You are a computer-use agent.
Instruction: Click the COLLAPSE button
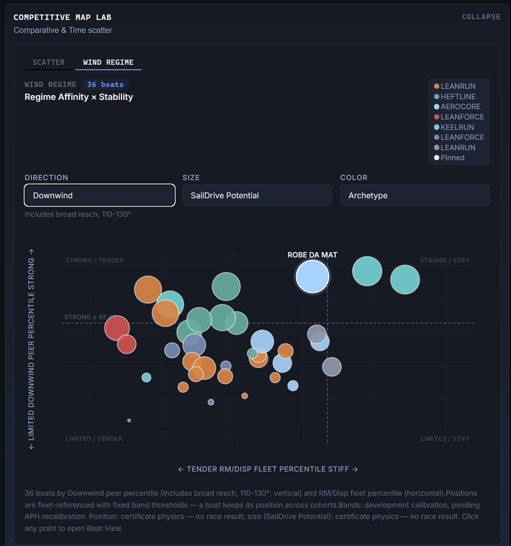click(x=481, y=17)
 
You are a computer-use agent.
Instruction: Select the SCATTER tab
click(x=48, y=63)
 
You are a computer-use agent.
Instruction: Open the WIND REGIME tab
click(x=108, y=63)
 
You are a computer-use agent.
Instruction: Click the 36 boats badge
click(x=105, y=84)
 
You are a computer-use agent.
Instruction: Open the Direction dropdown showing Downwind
click(x=99, y=195)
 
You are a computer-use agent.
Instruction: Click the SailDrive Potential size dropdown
click(x=257, y=195)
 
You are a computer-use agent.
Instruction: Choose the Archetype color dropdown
click(x=415, y=195)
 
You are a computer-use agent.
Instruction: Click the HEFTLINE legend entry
click(x=455, y=97)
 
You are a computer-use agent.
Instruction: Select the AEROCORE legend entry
click(x=457, y=107)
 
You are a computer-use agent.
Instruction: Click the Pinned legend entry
click(x=449, y=158)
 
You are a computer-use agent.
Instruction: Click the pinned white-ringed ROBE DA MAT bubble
click(x=312, y=277)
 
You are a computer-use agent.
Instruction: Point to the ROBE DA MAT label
click(x=312, y=255)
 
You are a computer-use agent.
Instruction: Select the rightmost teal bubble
click(x=405, y=280)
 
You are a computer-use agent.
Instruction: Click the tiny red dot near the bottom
click(x=129, y=420)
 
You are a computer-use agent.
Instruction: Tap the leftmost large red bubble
click(x=117, y=328)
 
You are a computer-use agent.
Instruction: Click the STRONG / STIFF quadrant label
click(x=445, y=260)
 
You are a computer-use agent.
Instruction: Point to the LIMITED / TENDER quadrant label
click(x=94, y=439)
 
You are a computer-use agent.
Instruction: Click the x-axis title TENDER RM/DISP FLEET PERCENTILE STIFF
click(x=268, y=469)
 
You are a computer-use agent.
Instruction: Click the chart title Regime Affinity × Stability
click(x=79, y=97)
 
